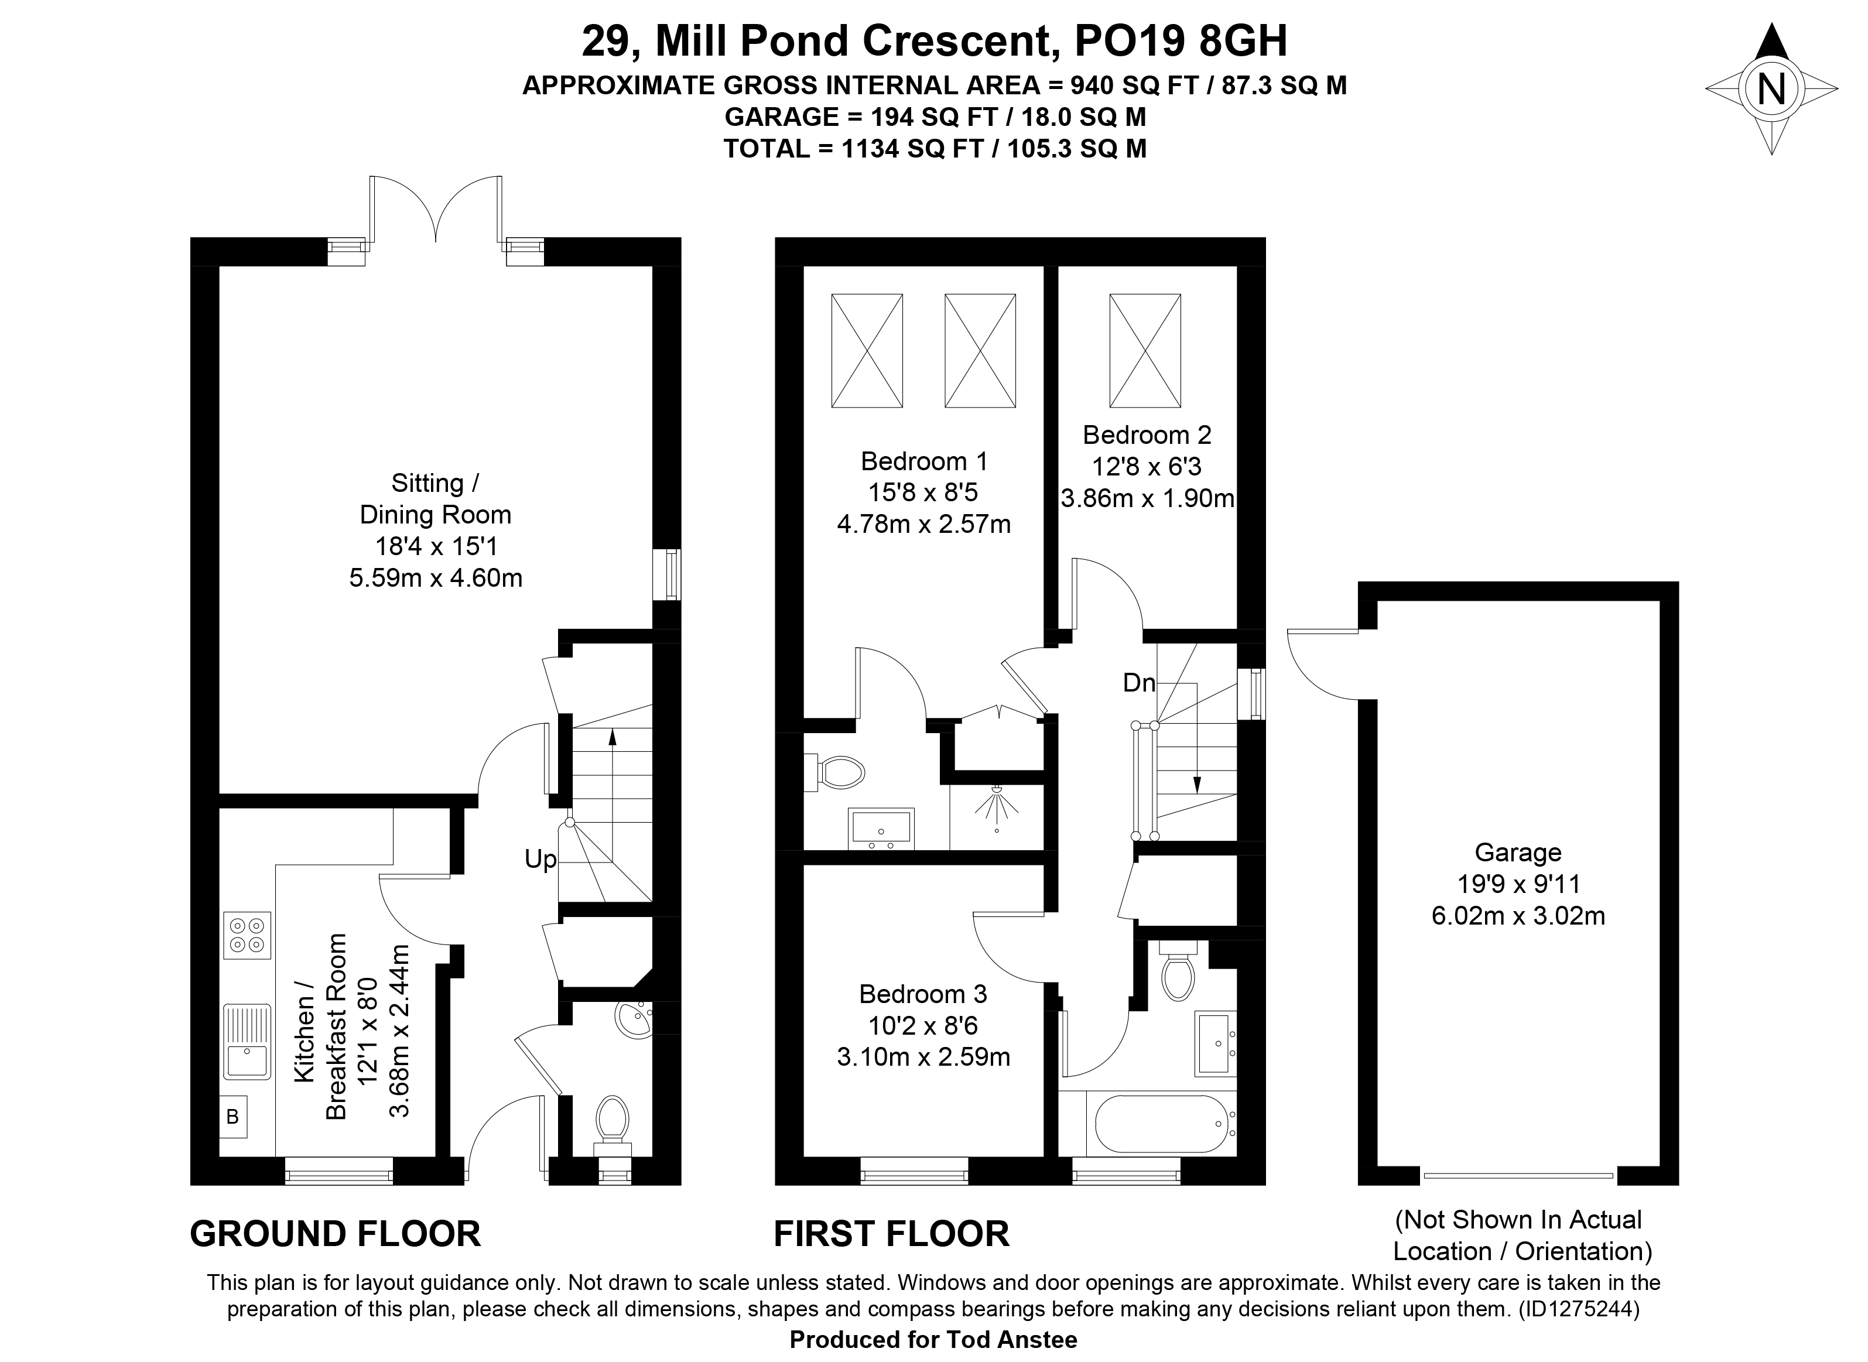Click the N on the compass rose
coord(1771,89)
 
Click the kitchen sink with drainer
coord(247,1041)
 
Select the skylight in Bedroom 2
coord(1145,350)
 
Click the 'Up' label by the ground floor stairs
coord(540,860)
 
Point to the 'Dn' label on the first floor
coord(1138,683)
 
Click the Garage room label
coord(1518,853)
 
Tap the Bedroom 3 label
coord(923,994)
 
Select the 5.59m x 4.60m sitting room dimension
coord(436,578)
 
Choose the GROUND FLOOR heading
coord(336,1234)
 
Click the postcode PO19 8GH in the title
coord(1181,40)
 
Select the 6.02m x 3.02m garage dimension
coord(1518,916)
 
